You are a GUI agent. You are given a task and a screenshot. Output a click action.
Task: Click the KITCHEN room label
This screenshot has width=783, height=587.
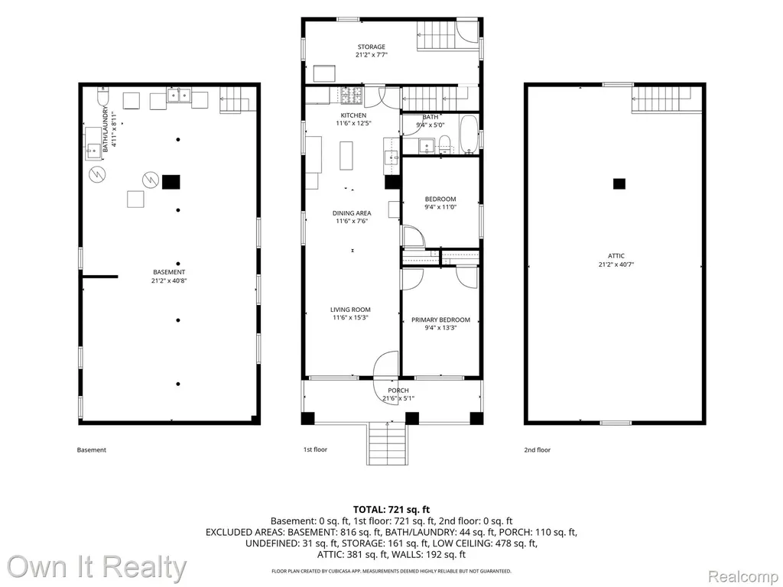(x=353, y=115)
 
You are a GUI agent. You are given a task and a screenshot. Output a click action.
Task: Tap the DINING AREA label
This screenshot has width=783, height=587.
(x=352, y=213)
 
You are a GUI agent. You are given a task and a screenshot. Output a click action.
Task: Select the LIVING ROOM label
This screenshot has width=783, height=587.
(x=350, y=310)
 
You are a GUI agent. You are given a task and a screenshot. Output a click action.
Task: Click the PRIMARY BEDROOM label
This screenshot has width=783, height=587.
(x=440, y=320)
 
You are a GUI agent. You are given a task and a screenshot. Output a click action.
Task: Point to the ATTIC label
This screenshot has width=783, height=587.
(x=616, y=256)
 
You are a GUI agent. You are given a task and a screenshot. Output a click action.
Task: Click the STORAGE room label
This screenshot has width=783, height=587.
(x=371, y=47)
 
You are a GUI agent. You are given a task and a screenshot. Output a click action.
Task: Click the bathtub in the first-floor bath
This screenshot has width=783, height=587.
(x=469, y=135)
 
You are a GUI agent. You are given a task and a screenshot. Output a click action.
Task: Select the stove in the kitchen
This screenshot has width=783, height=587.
(x=353, y=96)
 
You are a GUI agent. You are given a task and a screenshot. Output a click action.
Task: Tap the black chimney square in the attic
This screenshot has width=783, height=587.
(x=619, y=183)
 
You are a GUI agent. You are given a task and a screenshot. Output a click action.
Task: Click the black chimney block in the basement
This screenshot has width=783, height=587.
(x=171, y=182)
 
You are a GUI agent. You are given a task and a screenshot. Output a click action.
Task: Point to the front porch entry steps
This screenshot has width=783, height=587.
(x=388, y=444)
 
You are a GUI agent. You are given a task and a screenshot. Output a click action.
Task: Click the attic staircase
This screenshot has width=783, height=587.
(x=661, y=100)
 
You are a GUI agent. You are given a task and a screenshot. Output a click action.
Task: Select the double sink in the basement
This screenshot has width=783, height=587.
(x=179, y=95)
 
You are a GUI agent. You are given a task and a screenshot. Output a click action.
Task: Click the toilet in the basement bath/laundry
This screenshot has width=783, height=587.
(x=103, y=96)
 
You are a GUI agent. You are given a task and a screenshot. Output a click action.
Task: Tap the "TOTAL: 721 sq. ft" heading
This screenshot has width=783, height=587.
(x=391, y=510)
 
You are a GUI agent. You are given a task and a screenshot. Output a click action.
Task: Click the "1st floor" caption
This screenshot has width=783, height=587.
(x=315, y=449)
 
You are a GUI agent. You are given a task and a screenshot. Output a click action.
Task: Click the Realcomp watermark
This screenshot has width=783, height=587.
(x=744, y=576)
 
